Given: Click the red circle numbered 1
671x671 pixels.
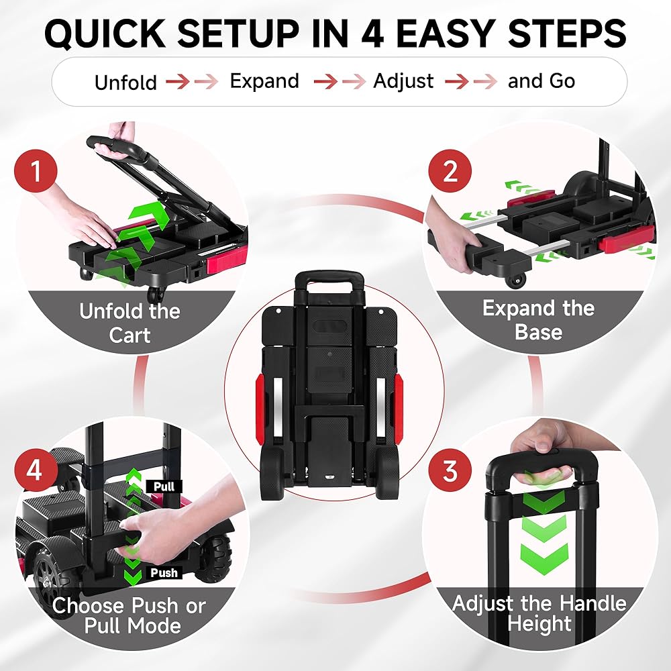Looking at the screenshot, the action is [x=36, y=171].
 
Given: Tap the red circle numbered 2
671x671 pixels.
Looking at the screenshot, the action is [x=450, y=171].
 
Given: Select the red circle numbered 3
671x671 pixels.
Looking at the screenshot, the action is [x=450, y=470].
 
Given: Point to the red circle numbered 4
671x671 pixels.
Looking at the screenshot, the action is [x=36, y=470].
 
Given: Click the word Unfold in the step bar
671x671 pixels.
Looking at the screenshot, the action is [x=126, y=82].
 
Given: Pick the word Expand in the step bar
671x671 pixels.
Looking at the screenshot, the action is [x=264, y=81].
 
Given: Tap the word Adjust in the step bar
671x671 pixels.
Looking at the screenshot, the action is [x=403, y=81].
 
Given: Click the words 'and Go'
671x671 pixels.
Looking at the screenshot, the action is [x=541, y=81].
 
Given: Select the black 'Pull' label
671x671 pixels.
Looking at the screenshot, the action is [x=164, y=486].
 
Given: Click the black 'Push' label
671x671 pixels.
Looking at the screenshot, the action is [x=164, y=572].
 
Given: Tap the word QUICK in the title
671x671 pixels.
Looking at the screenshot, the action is [x=105, y=34].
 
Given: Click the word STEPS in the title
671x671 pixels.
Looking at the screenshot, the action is [x=568, y=34].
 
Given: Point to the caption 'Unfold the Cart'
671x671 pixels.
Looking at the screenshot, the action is [x=130, y=323].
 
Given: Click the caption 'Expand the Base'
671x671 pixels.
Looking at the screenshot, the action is [x=538, y=319].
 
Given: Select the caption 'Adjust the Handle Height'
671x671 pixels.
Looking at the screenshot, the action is [x=539, y=613].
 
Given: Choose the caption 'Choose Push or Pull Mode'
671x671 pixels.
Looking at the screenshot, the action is [x=130, y=616].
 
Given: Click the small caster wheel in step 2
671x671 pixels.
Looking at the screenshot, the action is [x=515, y=280].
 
